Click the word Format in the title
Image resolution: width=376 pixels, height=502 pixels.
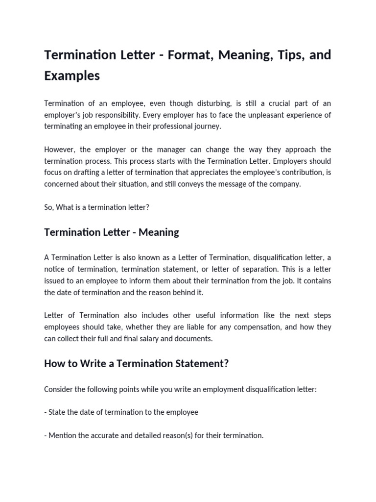click(x=187, y=55)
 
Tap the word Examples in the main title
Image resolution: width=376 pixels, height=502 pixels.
click(x=72, y=76)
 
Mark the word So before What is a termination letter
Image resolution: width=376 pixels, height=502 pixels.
click(x=48, y=207)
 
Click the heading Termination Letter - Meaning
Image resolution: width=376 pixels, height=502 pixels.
click(x=111, y=232)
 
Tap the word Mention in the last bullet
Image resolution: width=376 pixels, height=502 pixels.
click(x=62, y=435)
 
